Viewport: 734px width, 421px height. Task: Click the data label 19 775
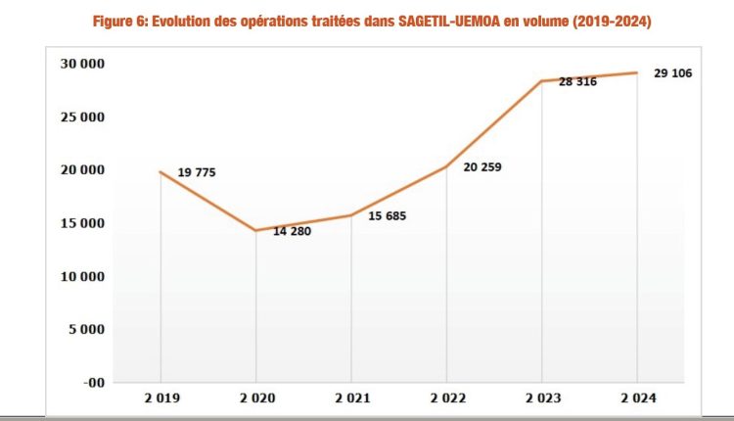point(197,173)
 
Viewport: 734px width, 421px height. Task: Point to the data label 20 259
point(482,167)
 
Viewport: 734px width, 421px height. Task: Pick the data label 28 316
point(578,83)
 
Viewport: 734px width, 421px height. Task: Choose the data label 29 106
point(672,73)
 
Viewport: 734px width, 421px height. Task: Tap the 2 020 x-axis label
point(255,398)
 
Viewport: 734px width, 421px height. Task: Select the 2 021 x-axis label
point(351,398)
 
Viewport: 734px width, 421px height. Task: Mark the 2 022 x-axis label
point(446,398)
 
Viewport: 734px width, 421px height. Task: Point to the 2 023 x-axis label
point(542,398)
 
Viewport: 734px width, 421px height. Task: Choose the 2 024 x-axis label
point(638,398)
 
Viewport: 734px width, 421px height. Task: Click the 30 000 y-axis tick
point(85,64)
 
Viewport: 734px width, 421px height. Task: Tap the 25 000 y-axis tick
point(85,117)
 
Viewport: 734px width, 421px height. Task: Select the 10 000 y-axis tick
point(85,276)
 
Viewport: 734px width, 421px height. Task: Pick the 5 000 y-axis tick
point(89,329)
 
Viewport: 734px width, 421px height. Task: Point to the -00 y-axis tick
point(95,383)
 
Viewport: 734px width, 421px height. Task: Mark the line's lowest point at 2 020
point(255,230)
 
